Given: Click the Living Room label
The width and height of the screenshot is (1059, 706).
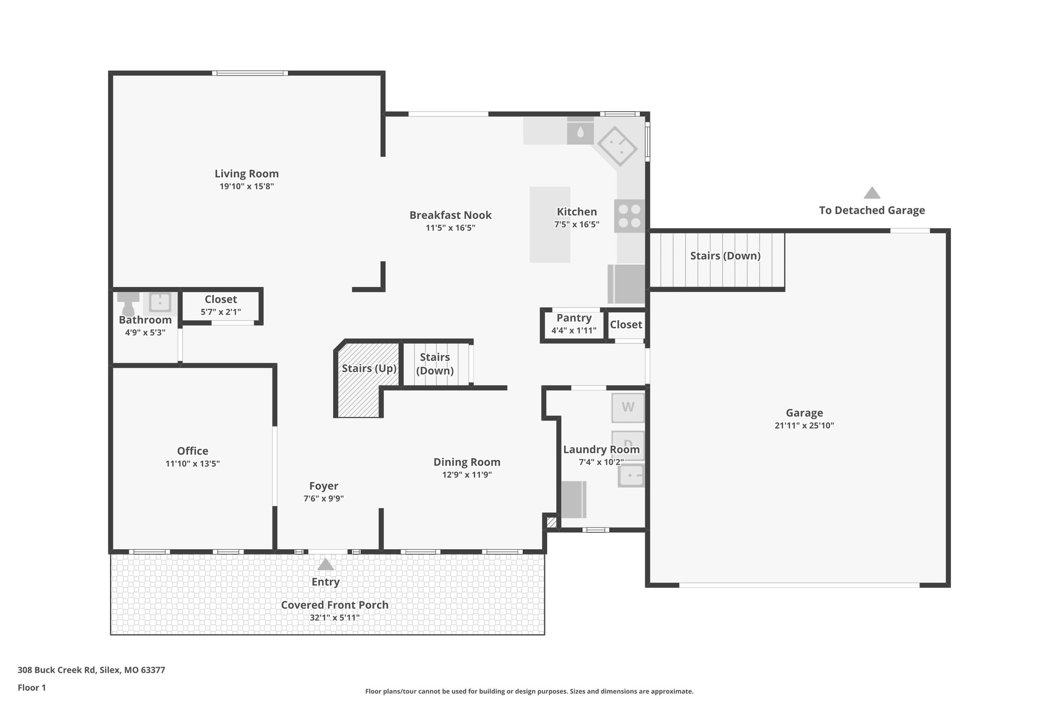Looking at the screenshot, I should pos(247,174).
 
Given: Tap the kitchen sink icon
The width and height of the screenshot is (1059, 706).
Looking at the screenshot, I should pos(618,145).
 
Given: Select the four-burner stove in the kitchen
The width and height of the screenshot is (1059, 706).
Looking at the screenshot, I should pos(629,216).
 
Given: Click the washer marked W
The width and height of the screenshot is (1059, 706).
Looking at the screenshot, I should pos(628,408).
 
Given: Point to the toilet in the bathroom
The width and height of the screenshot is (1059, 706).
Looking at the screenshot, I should pos(128,303).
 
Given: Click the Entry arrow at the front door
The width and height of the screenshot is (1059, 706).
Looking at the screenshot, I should pos(325,564).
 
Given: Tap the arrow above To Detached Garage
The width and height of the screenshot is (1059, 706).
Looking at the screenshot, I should pos(872,193).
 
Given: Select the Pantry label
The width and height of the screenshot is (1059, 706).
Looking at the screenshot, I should pos(573,318).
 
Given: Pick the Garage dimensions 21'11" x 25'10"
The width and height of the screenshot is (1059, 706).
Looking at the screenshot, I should pos(804,426).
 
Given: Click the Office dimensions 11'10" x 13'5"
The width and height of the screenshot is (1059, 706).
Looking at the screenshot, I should pos(192,464).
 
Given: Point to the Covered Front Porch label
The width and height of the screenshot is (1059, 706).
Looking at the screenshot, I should pos(335,605).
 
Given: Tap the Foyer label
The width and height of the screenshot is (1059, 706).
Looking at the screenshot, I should pos(324,486).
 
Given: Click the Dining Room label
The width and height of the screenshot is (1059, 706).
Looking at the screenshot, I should pos(466,462).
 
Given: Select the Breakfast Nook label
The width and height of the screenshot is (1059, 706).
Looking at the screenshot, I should pos(450,215).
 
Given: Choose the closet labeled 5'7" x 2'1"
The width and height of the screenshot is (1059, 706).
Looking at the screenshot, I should pos(221,306).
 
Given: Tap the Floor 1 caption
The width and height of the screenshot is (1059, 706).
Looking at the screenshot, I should pos(32,687).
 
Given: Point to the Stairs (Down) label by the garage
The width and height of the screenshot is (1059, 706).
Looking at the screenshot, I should pos(725,256).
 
